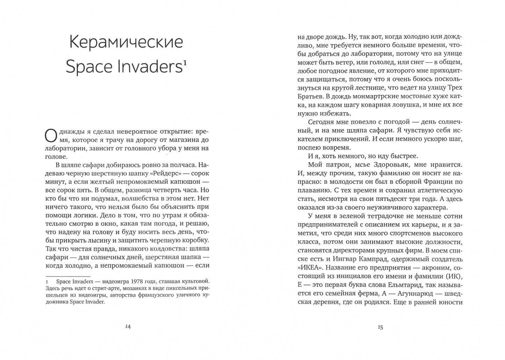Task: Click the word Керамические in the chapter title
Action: click(x=126, y=42)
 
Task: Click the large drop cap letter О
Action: click(x=50, y=135)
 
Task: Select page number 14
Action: click(x=128, y=327)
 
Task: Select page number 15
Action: click(x=380, y=327)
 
